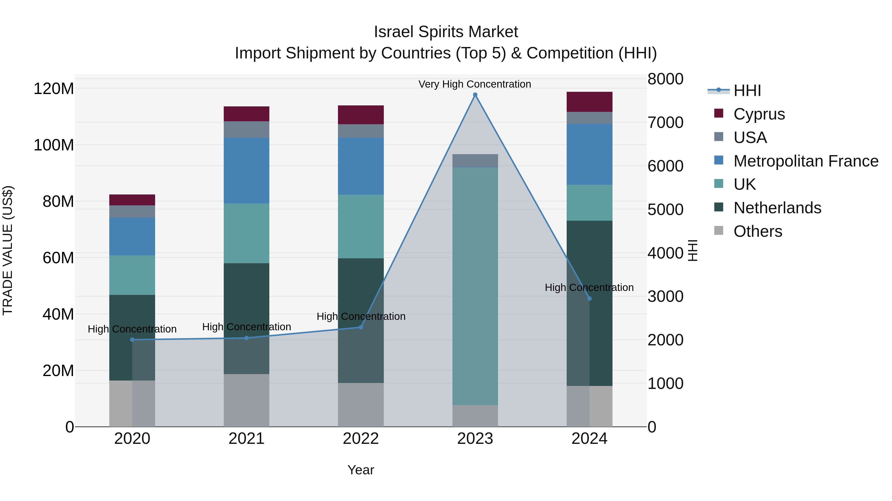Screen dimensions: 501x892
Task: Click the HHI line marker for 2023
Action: coord(475,95)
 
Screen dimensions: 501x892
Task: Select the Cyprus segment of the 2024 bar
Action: coord(589,102)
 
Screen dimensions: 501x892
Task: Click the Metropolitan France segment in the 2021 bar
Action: coord(246,170)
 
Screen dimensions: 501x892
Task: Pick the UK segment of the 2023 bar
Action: coord(475,286)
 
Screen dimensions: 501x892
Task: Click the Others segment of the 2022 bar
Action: coord(361,405)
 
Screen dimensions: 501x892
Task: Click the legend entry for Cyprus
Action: coord(758,114)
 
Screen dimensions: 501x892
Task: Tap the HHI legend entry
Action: coord(747,91)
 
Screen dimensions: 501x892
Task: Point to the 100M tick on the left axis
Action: coord(54,145)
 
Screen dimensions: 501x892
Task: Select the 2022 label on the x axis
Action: coord(361,439)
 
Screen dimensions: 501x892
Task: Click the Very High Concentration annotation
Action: coord(474,84)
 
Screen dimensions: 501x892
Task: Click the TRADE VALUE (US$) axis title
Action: coord(8,250)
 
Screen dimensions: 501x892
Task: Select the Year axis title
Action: coord(361,470)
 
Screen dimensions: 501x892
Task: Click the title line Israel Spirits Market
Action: coord(446,32)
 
